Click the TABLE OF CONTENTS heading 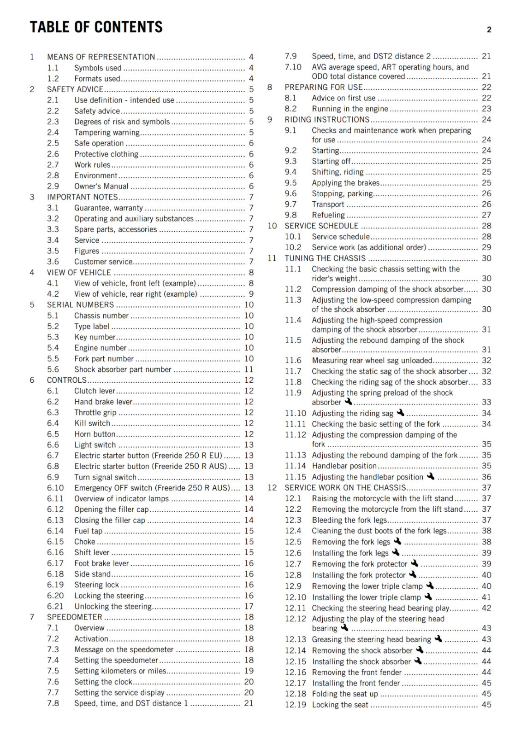pos(96,27)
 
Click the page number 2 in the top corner pos(489,30)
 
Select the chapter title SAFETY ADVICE pos(75,89)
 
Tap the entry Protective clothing pos(106,154)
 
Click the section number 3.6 pos(53,262)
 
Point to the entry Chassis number pos(101,316)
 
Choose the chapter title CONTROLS pos(67,380)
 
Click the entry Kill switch pos(92,423)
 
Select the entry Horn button pos(95,434)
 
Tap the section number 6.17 pos(55,563)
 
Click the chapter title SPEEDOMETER pos(75,617)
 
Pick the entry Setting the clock pos(103,682)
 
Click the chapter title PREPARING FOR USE pos(324,87)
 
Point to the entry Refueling pos(328,215)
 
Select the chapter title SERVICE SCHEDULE pos(321,226)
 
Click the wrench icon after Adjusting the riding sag pos(400,413)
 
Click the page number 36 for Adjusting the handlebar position pos(486,477)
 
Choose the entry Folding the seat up pos(345,694)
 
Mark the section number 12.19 pos(295,705)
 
